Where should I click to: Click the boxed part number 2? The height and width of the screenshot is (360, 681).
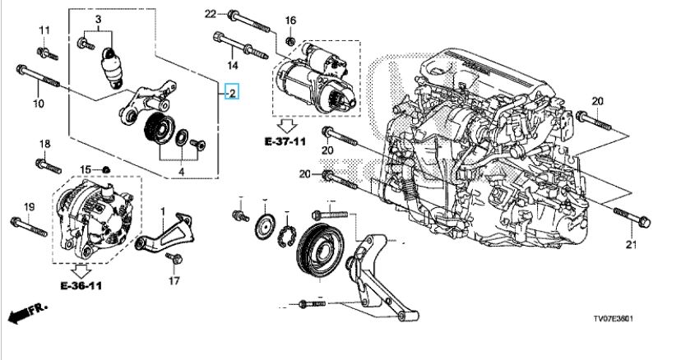click(x=233, y=93)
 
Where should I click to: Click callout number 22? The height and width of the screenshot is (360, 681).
click(x=210, y=13)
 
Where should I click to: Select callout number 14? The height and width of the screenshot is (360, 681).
click(x=233, y=65)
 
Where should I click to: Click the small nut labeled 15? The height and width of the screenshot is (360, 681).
click(x=108, y=170)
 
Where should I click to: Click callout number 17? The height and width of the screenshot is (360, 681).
click(x=174, y=281)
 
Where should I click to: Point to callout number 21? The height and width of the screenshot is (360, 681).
click(x=632, y=244)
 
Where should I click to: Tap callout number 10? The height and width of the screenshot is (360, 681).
click(x=38, y=104)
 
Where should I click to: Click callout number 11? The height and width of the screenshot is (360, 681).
click(x=44, y=30)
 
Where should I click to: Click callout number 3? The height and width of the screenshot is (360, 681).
click(x=98, y=19)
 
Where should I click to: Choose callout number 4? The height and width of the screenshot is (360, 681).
click(x=183, y=173)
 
